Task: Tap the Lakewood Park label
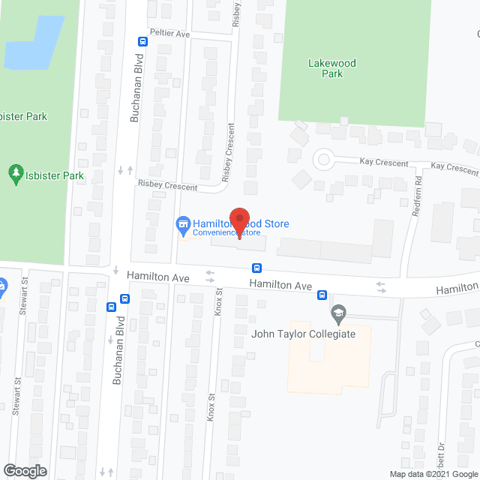click(331, 68)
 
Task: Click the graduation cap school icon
click(338, 311)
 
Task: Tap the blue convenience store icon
click(182, 223)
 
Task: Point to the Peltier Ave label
click(169, 34)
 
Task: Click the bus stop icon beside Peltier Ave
click(142, 41)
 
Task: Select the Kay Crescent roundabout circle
click(323, 158)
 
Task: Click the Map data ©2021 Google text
click(433, 473)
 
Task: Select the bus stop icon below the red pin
click(256, 267)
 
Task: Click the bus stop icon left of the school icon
click(322, 294)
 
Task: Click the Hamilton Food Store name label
click(241, 223)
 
